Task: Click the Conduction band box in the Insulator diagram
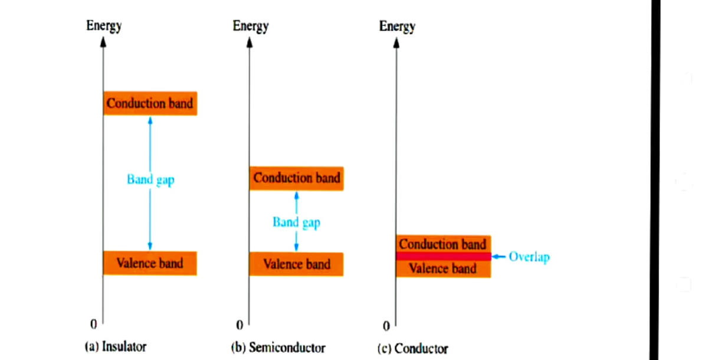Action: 150,103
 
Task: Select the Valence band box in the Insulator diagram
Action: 150,263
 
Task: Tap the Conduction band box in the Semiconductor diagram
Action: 296,178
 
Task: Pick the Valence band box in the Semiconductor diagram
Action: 296,264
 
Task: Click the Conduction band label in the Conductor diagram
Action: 442,244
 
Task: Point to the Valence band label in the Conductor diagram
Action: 442,269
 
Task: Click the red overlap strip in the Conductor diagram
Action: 442,256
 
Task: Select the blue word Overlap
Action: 529,257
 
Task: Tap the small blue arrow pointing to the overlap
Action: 499,257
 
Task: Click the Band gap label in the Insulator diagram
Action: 150,179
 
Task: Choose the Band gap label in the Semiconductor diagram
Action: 296,222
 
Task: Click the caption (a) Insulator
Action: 116,346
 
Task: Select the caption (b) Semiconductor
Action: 278,347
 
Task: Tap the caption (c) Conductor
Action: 412,348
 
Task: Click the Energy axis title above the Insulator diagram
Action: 104,26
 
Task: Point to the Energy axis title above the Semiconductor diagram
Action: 250,26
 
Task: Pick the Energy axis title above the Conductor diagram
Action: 397,27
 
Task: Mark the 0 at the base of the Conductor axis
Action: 386,326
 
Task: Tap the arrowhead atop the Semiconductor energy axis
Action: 249,42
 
